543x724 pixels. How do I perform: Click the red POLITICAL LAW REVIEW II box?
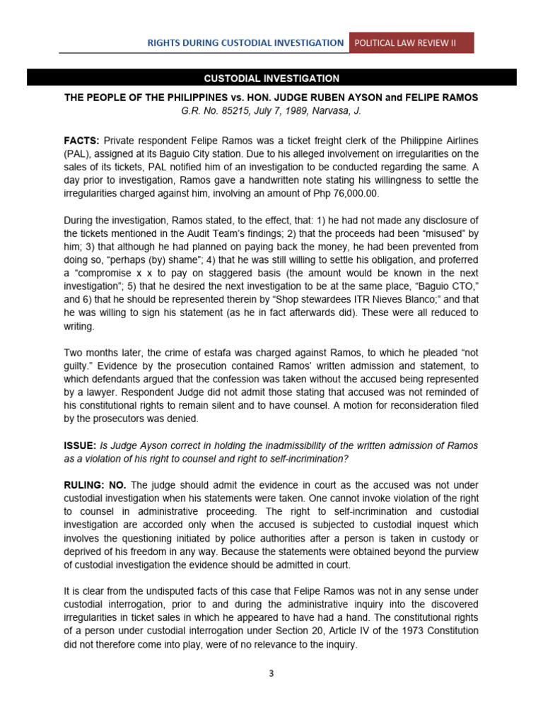[411, 42]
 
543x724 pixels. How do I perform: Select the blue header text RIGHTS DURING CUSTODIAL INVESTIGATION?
[245, 42]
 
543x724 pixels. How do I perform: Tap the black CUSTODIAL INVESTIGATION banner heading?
[271, 78]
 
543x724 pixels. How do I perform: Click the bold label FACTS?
[81, 141]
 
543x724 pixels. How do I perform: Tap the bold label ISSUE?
[80, 445]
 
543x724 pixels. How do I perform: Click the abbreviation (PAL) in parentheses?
[78, 153]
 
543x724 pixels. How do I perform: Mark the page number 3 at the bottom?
[271, 674]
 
